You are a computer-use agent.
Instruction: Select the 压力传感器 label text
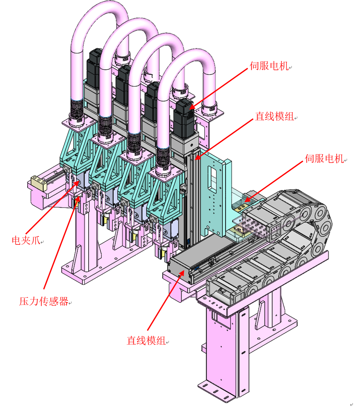(x=43, y=301)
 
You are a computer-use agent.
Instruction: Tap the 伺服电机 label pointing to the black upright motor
(x=269, y=66)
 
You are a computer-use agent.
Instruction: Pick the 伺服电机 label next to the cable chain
(x=324, y=158)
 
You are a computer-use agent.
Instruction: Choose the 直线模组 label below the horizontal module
(x=146, y=341)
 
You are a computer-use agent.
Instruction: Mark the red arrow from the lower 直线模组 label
(x=165, y=301)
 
